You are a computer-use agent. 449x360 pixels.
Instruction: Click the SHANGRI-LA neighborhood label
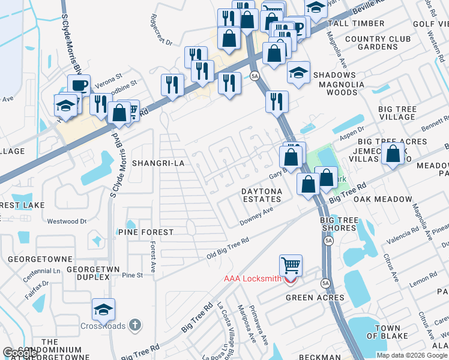(x=157, y=163)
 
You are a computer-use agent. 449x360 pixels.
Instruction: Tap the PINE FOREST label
(x=146, y=232)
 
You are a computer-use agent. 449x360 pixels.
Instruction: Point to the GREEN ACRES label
(x=315, y=298)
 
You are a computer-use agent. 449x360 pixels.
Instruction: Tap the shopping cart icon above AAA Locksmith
(x=291, y=265)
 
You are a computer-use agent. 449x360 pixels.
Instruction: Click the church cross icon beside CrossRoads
(x=135, y=325)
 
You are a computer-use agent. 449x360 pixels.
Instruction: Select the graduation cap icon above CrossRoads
(x=103, y=310)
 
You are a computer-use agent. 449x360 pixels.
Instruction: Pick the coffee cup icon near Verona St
(x=79, y=85)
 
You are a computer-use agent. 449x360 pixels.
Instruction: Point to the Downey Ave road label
(x=256, y=216)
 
